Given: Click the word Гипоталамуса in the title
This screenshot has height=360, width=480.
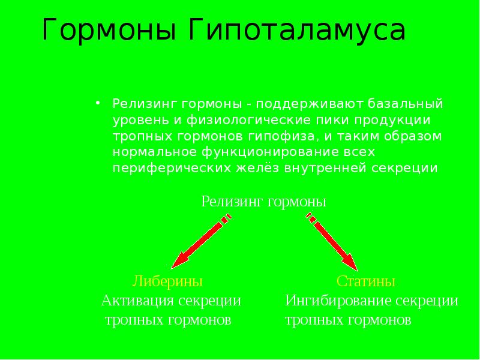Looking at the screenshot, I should (298, 31).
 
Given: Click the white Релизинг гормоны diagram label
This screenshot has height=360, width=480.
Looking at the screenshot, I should (264, 202).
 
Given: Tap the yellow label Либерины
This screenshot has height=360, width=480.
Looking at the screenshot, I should (167, 281).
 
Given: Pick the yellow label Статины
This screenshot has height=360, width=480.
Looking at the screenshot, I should (366, 281).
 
